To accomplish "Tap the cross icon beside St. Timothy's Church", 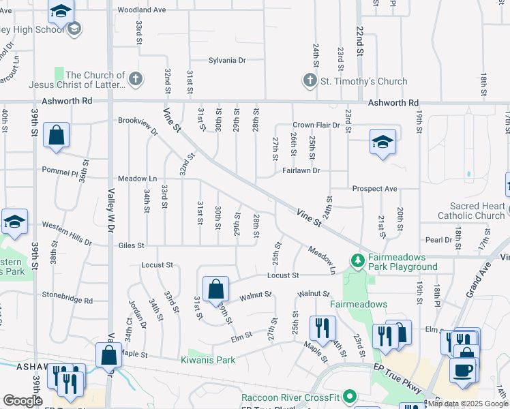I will point(310,81).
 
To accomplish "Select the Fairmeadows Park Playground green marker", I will point(357,260).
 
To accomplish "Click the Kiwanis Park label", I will point(208,360).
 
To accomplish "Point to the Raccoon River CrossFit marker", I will point(350,396).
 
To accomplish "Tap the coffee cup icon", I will point(463,369).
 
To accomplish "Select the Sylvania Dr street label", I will point(227,61).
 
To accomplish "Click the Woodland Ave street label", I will point(142,10).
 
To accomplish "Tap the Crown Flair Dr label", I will point(316,125).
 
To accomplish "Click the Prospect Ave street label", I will point(374,188).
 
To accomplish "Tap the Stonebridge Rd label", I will point(66,299).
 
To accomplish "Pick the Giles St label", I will point(131,245).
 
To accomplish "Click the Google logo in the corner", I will point(22,401).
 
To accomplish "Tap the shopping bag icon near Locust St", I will point(215,289).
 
